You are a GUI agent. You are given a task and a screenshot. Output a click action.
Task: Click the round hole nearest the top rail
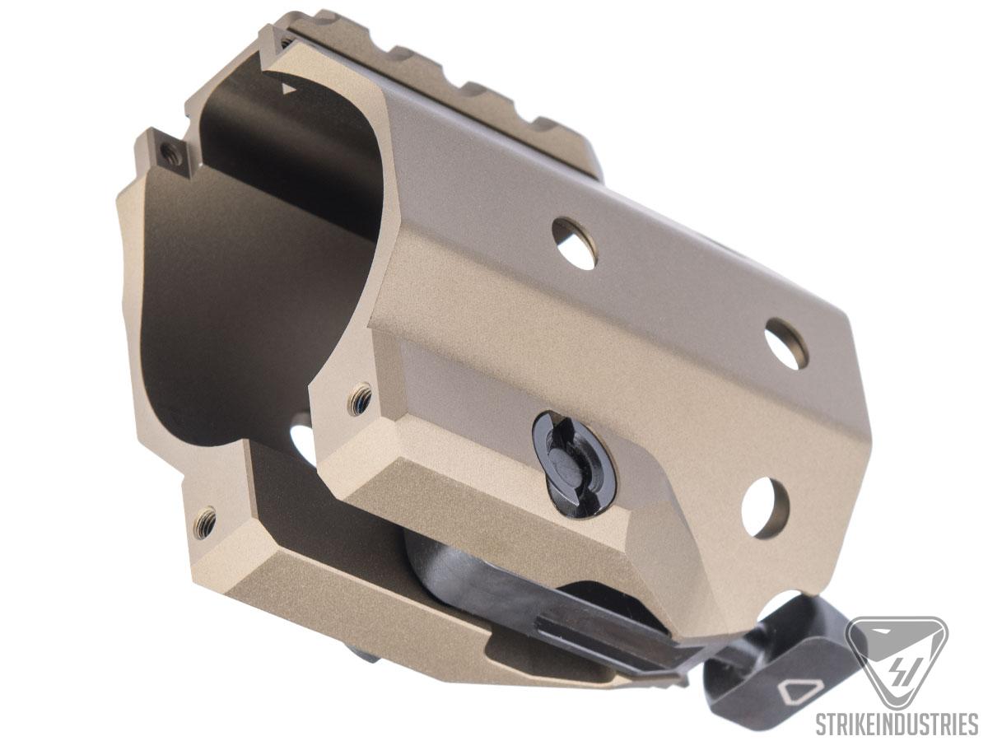pyautogui.click(x=574, y=243)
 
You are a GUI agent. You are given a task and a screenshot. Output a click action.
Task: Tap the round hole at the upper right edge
pyautogui.click(x=785, y=343)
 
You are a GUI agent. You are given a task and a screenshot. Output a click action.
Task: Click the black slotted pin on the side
pyautogui.click(x=574, y=464)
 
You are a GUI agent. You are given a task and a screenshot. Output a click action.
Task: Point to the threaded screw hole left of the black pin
pyautogui.click(x=360, y=398)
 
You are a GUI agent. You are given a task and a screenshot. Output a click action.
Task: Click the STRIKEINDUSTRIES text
pyautogui.click(x=896, y=725)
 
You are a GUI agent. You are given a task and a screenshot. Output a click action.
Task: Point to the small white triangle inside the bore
pyautogui.click(x=287, y=87)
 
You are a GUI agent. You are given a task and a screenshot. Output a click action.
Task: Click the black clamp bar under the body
pyautogui.click(x=527, y=593)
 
